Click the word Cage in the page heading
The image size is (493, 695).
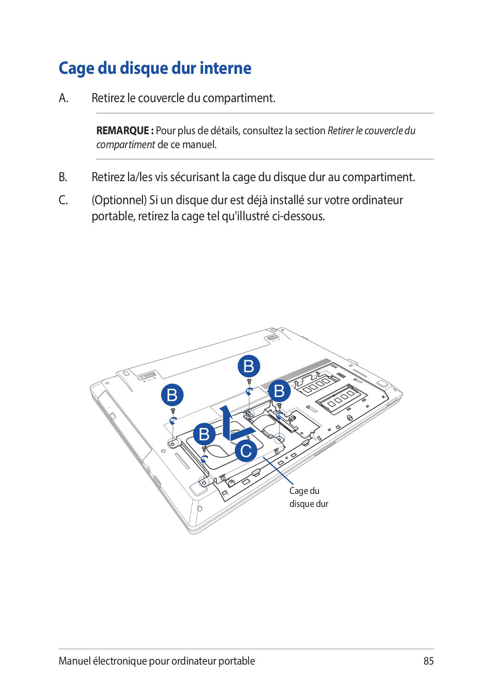point(76,69)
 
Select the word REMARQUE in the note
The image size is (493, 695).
point(123,131)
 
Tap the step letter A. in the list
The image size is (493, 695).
point(63,98)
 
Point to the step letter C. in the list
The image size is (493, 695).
point(63,200)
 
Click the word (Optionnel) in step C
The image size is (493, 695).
point(119,200)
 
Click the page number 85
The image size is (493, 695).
point(428,661)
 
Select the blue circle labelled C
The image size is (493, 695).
point(246,451)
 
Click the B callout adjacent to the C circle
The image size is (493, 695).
point(204,434)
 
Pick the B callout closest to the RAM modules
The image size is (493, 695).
point(279,391)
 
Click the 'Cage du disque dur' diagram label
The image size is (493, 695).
point(309,497)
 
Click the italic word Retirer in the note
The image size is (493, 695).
point(341,131)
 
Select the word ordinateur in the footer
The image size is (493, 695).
point(193,661)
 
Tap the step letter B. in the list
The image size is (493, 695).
point(63,177)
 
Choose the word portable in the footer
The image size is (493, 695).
point(237,661)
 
